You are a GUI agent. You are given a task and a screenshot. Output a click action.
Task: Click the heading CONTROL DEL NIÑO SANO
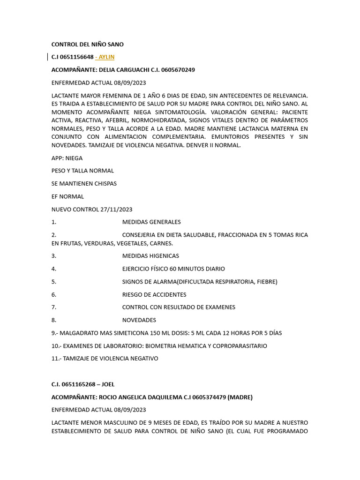point(87,45)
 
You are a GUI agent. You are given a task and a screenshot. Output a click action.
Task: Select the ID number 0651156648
point(77,57)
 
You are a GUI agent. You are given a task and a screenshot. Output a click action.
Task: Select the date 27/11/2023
point(116,209)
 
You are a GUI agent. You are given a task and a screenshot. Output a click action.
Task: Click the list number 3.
point(53,256)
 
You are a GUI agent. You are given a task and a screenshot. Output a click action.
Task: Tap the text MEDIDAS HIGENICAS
point(150,256)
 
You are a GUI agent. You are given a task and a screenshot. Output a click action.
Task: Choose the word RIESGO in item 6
point(133,294)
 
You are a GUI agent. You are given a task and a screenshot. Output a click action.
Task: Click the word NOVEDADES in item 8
point(139,320)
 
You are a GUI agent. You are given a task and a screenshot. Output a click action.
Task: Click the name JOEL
point(105,384)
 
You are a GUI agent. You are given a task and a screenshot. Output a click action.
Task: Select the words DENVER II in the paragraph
point(199,145)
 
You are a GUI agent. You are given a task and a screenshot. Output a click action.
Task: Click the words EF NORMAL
point(67,196)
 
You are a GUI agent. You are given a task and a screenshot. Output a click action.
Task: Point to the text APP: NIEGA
point(67,158)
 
